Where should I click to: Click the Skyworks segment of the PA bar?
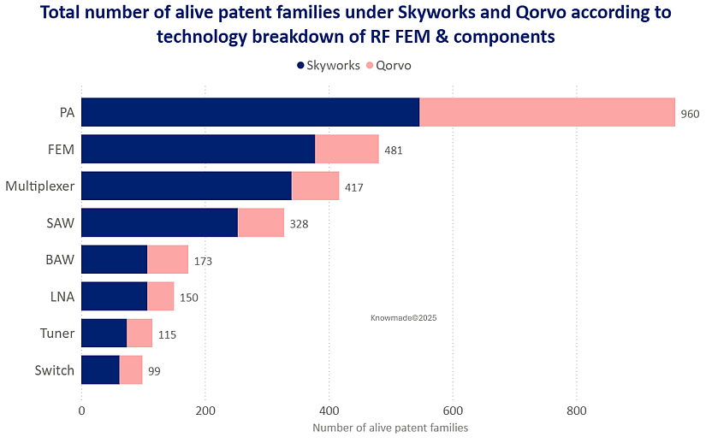coord(250,112)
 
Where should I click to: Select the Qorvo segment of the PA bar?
coord(547,112)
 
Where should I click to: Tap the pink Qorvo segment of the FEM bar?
coord(347,149)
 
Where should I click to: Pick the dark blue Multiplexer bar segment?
coord(186,186)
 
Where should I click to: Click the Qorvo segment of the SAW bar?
coord(260,222)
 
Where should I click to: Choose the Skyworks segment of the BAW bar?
coord(114,259)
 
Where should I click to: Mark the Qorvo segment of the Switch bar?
coord(130,370)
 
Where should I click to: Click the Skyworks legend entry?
coord(328,65)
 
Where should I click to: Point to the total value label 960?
coord(690,114)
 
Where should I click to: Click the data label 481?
coord(393,151)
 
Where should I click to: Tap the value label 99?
coord(153,371)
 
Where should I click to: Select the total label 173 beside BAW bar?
coord(202,261)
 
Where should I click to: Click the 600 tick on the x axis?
coord(453,410)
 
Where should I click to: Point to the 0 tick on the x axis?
coord(81,410)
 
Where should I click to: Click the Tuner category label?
coord(57,334)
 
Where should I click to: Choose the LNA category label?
coord(62,297)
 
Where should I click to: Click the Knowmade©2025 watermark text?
coord(404,317)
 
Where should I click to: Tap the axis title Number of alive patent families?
coord(390,427)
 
